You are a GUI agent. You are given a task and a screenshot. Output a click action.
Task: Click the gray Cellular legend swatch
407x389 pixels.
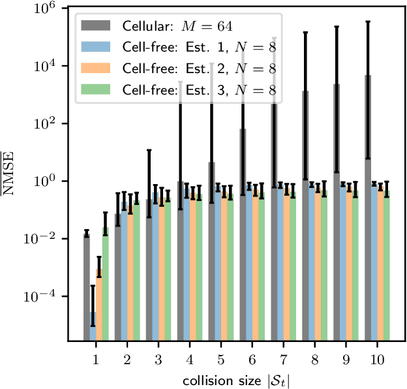(x=97, y=26)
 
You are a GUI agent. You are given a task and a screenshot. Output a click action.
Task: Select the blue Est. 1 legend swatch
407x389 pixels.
(x=97, y=48)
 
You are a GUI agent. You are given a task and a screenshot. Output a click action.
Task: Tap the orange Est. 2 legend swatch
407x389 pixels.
(x=97, y=69)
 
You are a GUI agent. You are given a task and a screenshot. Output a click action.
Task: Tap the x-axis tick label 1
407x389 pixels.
(x=96, y=359)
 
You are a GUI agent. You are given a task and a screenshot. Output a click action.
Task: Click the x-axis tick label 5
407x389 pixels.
(x=220, y=359)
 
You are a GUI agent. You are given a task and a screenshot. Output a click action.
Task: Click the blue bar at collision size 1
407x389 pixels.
(x=93, y=326)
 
